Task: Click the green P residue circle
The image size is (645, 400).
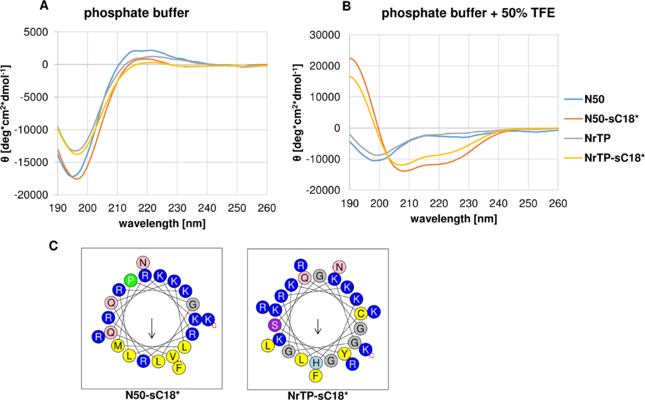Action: tap(131, 280)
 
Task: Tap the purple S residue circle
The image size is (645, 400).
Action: tap(274, 326)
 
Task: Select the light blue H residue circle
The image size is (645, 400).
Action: tap(316, 363)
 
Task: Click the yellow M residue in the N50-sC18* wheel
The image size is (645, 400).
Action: tap(117, 346)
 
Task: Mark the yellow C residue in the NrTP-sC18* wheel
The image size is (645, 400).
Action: tap(361, 313)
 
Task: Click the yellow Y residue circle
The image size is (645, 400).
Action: tap(345, 353)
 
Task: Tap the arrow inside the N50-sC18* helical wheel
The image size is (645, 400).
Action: tap(152, 328)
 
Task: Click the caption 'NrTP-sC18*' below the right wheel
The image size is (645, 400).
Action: tap(316, 396)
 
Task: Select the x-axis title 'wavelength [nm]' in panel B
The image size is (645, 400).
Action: tap(452, 219)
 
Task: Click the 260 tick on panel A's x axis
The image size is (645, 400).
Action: tap(266, 207)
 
